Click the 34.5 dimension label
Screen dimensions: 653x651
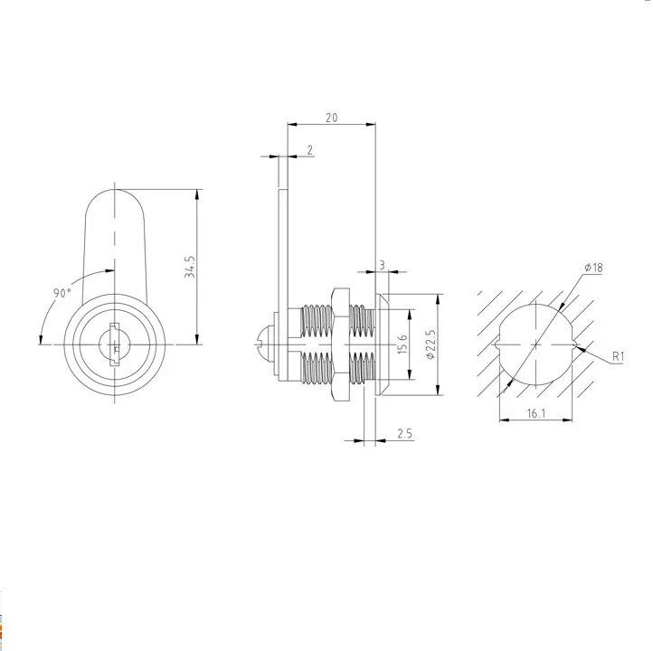(190, 267)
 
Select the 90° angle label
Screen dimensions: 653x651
(62, 293)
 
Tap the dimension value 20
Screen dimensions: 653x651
(332, 118)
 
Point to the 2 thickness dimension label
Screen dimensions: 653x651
(310, 150)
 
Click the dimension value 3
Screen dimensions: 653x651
(383, 265)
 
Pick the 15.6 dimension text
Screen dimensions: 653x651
(402, 344)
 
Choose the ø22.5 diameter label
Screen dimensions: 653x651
(431, 344)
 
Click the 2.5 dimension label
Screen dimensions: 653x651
(404, 434)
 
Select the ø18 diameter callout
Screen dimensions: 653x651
(593, 268)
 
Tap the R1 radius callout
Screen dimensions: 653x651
(618, 357)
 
